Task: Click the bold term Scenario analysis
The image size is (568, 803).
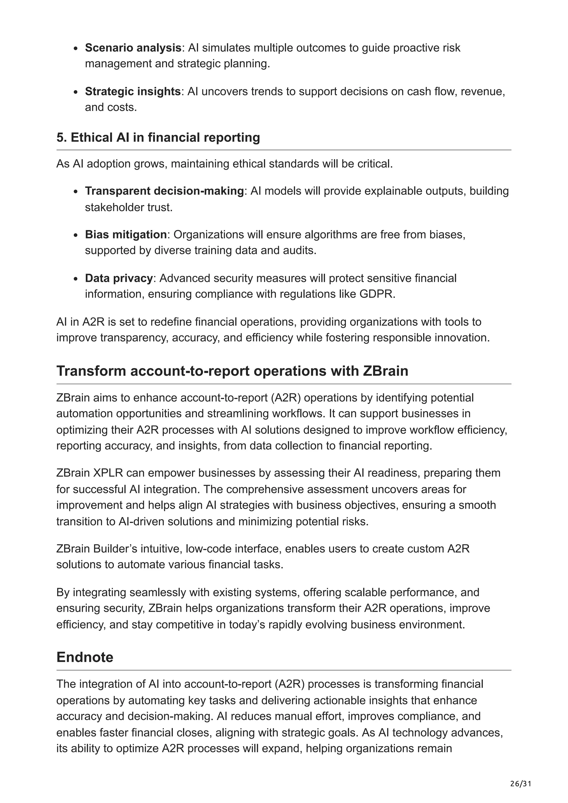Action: click(x=133, y=48)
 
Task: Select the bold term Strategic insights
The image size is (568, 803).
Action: click(x=133, y=91)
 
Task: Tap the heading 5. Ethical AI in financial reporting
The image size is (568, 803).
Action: click(x=158, y=137)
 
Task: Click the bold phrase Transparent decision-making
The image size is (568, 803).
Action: click(x=164, y=191)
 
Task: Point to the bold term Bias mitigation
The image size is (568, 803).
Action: click(x=126, y=234)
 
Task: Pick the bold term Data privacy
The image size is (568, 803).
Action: click(x=119, y=278)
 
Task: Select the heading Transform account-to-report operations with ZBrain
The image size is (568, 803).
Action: click(x=232, y=371)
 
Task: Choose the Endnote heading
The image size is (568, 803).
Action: click(x=85, y=657)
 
